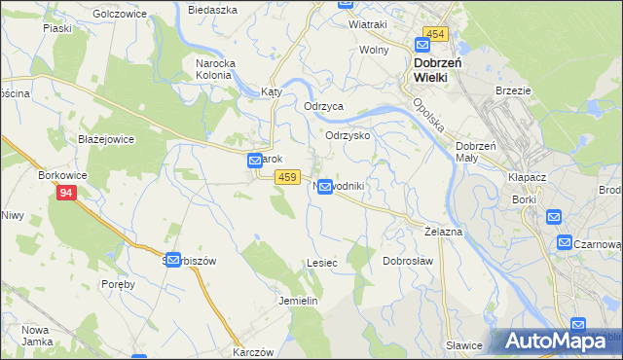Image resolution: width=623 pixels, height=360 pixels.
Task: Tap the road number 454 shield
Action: pos(434,34)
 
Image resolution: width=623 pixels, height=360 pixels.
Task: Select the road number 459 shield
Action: pos(285,176)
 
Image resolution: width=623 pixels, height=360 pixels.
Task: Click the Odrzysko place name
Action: pos(348,136)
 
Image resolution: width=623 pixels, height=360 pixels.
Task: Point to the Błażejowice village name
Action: pos(106,139)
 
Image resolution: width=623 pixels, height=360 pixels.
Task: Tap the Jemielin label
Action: pos(299,301)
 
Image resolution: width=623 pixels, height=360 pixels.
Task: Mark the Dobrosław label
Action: pos(407,261)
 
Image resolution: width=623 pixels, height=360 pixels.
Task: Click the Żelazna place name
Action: pos(443,234)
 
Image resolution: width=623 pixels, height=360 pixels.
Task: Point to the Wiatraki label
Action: pos(367,23)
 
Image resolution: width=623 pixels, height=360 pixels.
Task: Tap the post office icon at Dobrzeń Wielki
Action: pos(422,44)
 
